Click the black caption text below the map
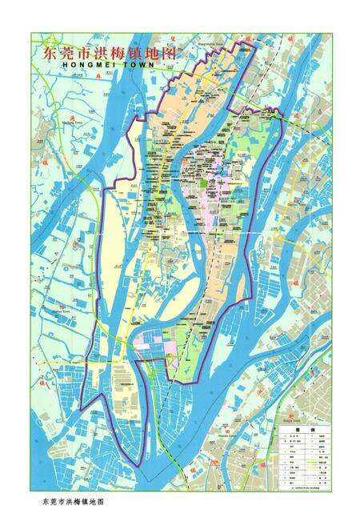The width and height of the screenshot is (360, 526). pyautogui.click(x=72, y=502)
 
